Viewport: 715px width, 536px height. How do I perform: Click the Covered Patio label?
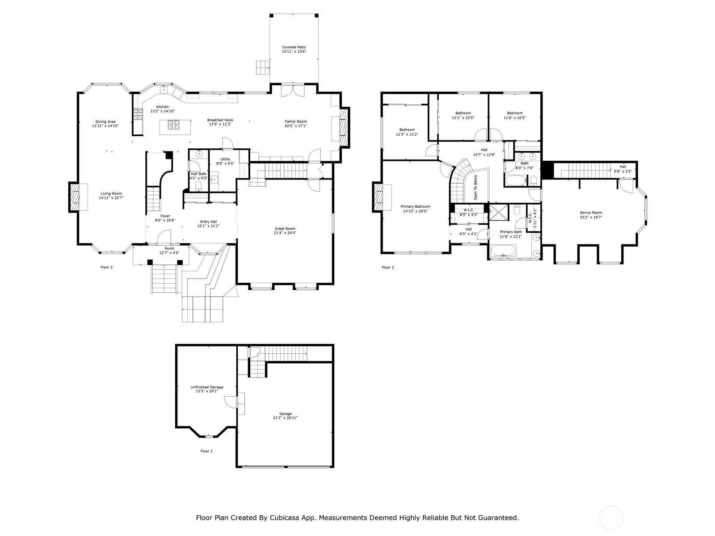(x=294, y=47)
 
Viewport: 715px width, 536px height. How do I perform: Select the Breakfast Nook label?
(x=220, y=120)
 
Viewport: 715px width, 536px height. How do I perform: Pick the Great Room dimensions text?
(x=285, y=233)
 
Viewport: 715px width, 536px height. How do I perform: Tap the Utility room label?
(x=225, y=159)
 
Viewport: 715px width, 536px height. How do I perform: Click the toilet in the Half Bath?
(x=198, y=186)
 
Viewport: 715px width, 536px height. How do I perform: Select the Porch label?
(x=169, y=249)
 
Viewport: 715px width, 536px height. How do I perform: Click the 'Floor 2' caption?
(x=106, y=268)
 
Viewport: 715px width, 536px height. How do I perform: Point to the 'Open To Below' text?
(x=475, y=188)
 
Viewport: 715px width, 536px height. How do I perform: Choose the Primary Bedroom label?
(x=415, y=206)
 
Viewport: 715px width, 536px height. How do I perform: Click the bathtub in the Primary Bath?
(x=503, y=250)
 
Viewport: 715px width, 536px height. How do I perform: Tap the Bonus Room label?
(x=591, y=213)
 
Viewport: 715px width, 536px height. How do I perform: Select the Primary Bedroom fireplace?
(x=378, y=197)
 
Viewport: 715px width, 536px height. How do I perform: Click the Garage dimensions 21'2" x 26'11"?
(x=286, y=418)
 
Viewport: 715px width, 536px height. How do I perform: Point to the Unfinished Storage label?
(x=207, y=387)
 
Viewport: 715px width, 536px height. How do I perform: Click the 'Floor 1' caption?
(x=206, y=451)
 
